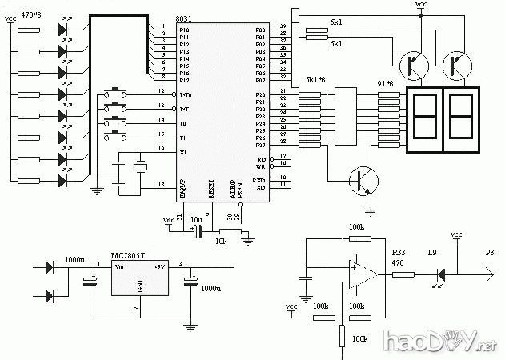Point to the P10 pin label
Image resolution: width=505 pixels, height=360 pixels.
click(184, 29)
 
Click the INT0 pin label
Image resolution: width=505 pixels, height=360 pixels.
click(185, 95)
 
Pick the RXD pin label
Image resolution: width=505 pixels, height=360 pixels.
click(259, 181)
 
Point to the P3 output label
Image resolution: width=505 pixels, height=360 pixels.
click(489, 252)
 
